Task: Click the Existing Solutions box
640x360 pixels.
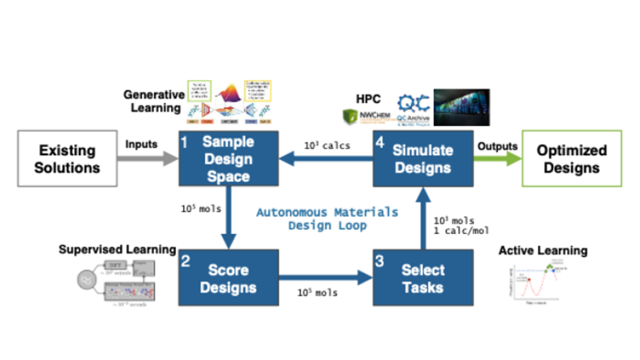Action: [67, 158]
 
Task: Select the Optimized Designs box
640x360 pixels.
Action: [571, 158]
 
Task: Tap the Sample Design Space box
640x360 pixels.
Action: [227, 158]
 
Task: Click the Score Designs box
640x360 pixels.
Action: [227, 278]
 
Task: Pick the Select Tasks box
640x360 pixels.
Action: [423, 278]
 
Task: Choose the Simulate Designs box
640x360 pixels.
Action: [423, 158]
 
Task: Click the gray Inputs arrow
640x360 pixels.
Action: [148, 158]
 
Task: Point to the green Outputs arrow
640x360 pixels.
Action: [497, 158]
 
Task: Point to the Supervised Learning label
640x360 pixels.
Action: [117, 249]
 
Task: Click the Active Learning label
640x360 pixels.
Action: [543, 251]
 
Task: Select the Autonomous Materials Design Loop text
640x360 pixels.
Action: [327, 219]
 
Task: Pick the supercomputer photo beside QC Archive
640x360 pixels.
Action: [462, 107]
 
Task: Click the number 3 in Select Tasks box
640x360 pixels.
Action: [379, 260]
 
